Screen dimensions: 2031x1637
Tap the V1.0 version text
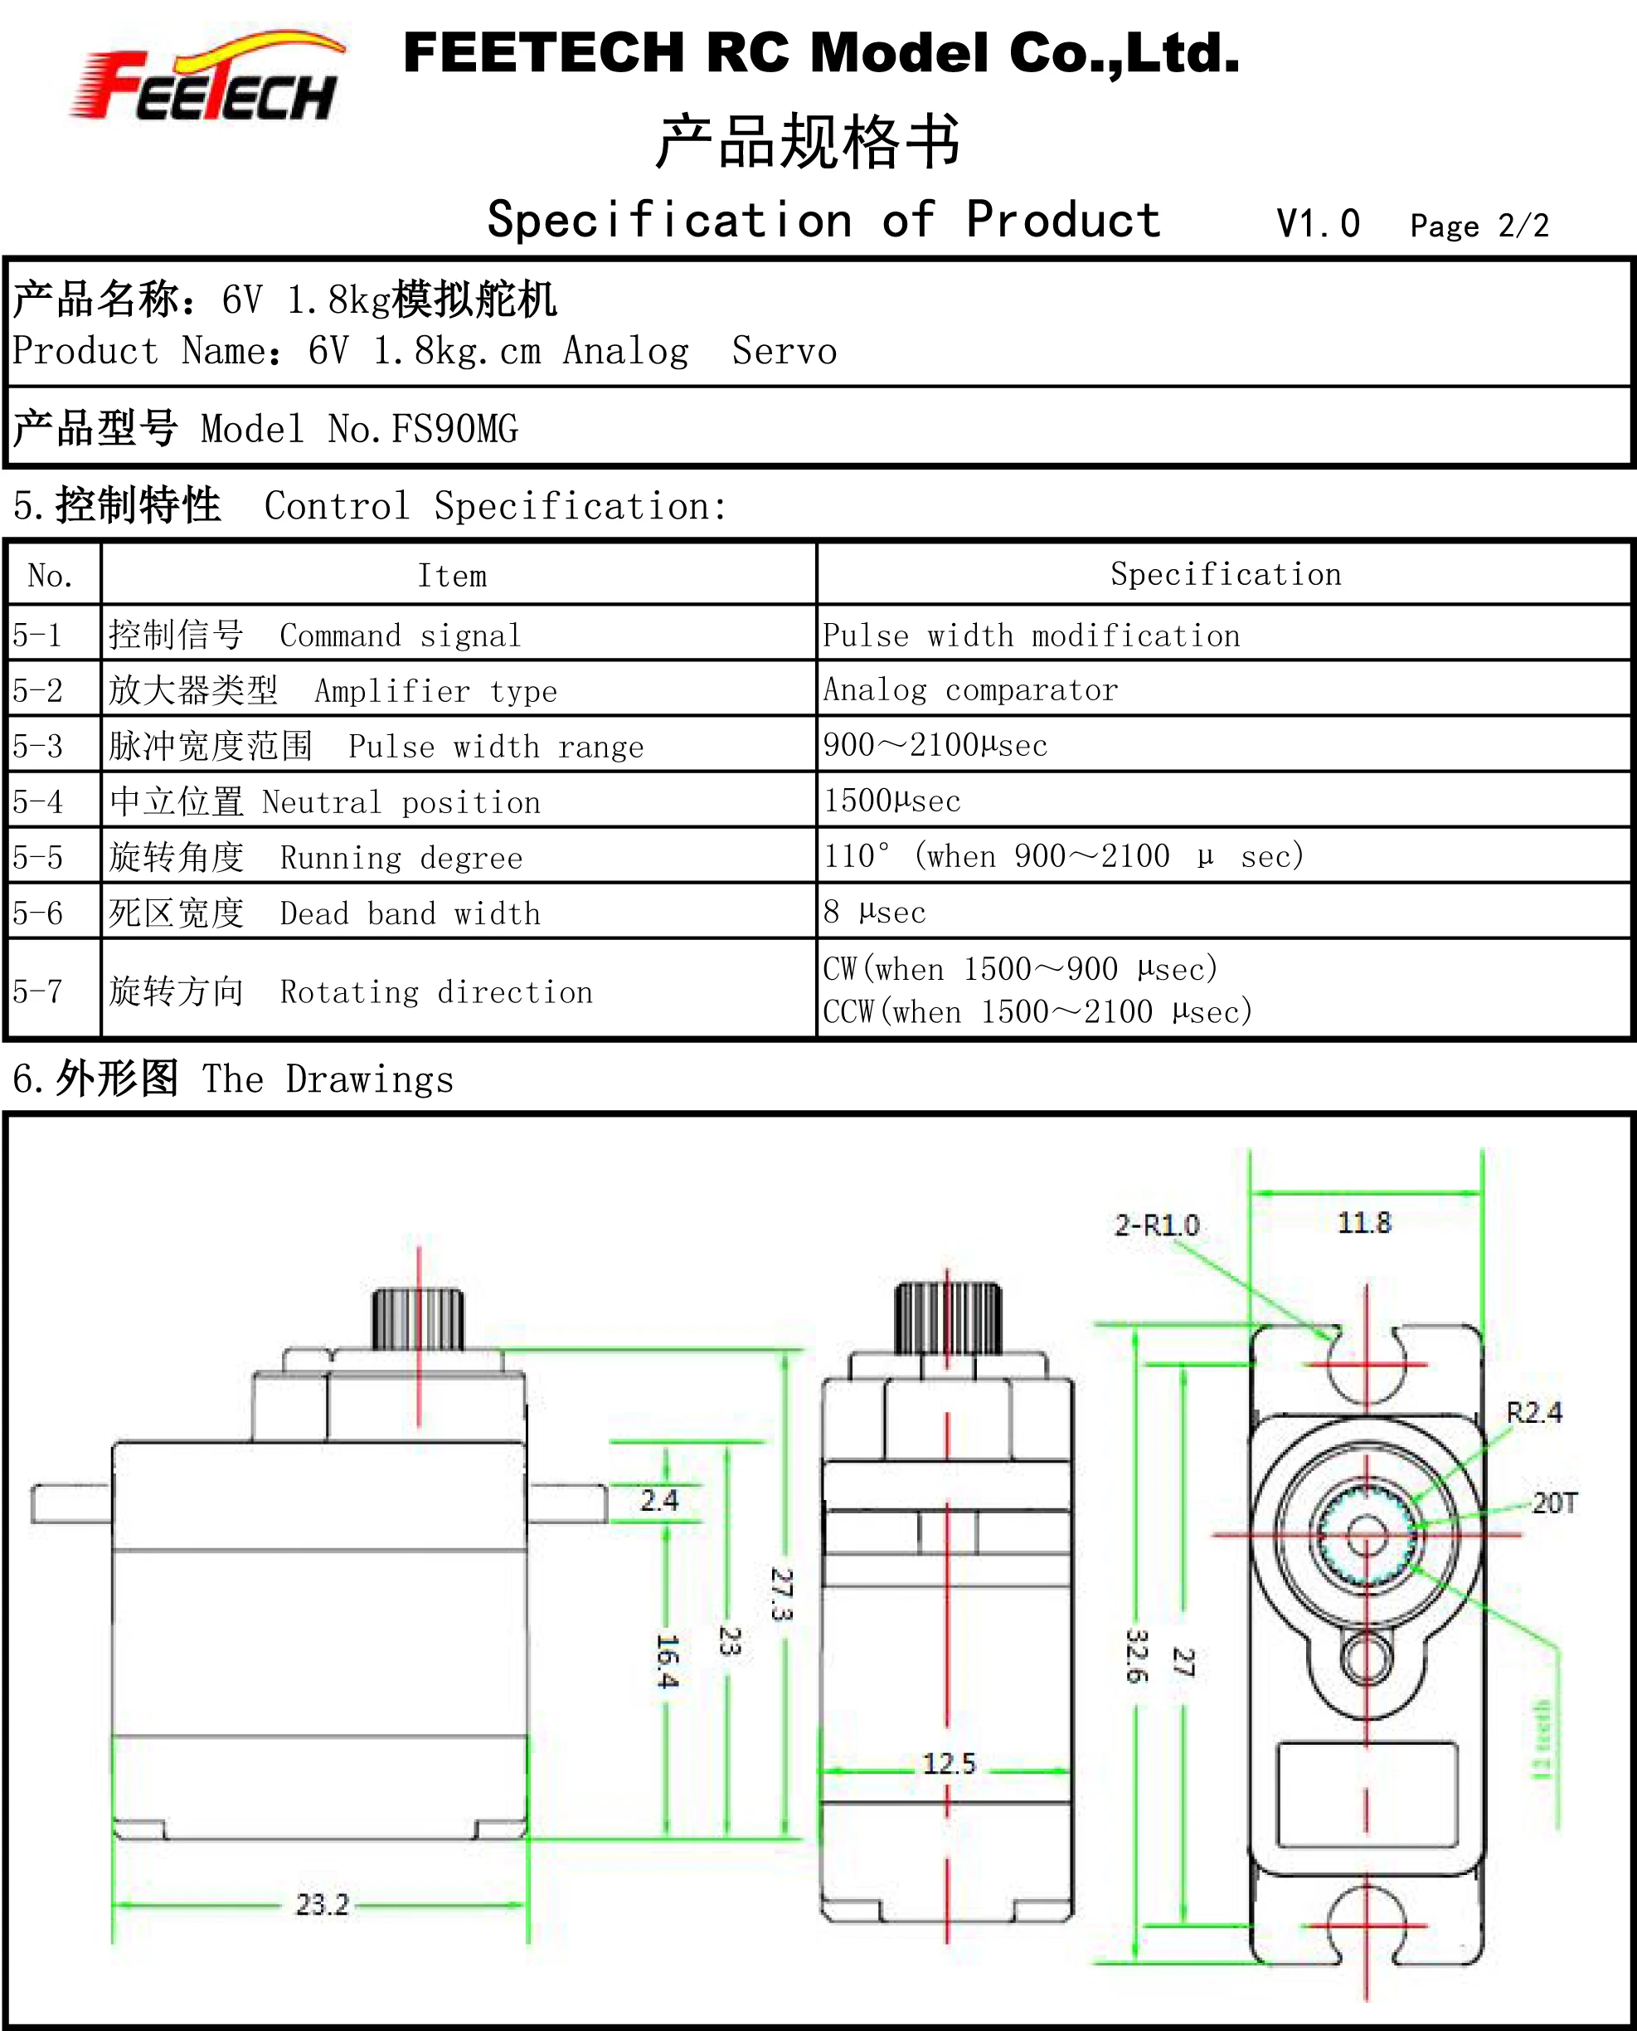pyautogui.click(x=1318, y=225)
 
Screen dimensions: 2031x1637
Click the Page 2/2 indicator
pyautogui.click(x=1479, y=226)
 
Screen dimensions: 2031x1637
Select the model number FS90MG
pyautogui.click(x=454, y=429)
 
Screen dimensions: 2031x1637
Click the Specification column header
pyautogui.click(x=1225, y=574)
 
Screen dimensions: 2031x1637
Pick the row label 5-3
pyautogui.click(x=37, y=746)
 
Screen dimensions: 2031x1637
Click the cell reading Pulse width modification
pyautogui.click(x=1031, y=636)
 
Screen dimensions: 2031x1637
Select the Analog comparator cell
pyautogui.click(x=970, y=690)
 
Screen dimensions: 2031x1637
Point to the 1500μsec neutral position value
pyautogui.click(x=892, y=801)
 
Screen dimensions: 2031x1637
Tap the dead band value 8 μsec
pyautogui.click(x=874, y=912)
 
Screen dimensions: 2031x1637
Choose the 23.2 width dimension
pyautogui.click(x=322, y=1905)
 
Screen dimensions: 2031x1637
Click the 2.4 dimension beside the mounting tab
pyautogui.click(x=659, y=1500)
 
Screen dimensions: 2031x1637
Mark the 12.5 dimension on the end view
pyautogui.click(x=949, y=1763)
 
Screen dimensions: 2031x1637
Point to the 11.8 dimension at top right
pyautogui.click(x=1363, y=1224)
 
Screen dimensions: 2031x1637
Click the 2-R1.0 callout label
pyautogui.click(x=1156, y=1225)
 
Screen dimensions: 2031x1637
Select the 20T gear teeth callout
pyautogui.click(x=1554, y=1503)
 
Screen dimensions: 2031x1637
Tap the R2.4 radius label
pyautogui.click(x=1533, y=1412)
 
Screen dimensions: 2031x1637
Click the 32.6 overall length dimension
pyautogui.click(x=1136, y=1655)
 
